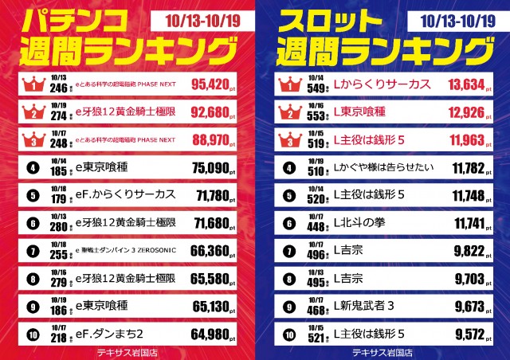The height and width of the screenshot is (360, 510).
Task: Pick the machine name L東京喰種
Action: [x=363, y=112]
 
